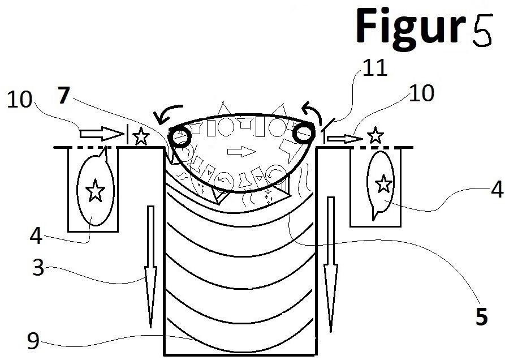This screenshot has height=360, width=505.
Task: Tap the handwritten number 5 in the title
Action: pos(482,30)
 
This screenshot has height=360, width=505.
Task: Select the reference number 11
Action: pos(374,68)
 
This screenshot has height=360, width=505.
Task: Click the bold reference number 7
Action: pos(64,96)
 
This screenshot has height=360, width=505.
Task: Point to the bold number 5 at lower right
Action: pos(482,316)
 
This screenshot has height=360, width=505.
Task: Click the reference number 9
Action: pos(33,341)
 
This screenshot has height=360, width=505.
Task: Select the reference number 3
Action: pos(38,267)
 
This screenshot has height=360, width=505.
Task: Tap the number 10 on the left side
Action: pos(20,99)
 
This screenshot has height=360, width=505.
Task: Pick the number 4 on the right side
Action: pos(497,189)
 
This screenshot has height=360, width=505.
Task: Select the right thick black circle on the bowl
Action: pos(303,133)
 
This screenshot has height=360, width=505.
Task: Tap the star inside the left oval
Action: pos(94,191)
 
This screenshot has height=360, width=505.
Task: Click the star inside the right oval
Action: pos(383,184)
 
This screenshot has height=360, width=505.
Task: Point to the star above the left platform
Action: pos(141,136)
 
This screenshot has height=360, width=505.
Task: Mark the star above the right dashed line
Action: pos(375,135)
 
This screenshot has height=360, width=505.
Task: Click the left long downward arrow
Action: pos(150,267)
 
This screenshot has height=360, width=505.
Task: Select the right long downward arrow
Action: pos(331,264)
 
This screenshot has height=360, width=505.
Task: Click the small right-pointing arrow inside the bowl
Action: pos(242,151)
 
